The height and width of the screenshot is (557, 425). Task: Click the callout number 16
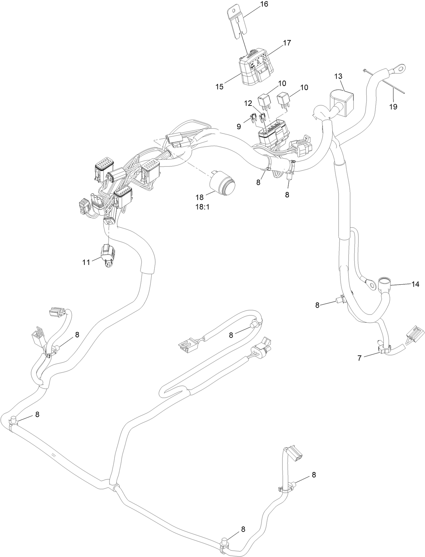pyautogui.click(x=264, y=4)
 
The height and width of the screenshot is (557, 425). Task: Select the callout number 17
pyautogui.click(x=287, y=43)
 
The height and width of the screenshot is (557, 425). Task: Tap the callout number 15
pyautogui.click(x=219, y=87)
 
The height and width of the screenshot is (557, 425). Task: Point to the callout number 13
pyautogui.click(x=339, y=76)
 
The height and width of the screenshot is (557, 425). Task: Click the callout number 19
pyautogui.click(x=393, y=107)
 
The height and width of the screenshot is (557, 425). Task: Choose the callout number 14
pyautogui.click(x=416, y=284)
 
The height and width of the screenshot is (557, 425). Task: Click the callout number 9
pyautogui.click(x=239, y=126)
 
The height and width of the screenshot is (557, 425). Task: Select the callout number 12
pyautogui.click(x=248, y=102)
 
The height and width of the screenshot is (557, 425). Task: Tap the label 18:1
pyautogui.click(x=202, y=206)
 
